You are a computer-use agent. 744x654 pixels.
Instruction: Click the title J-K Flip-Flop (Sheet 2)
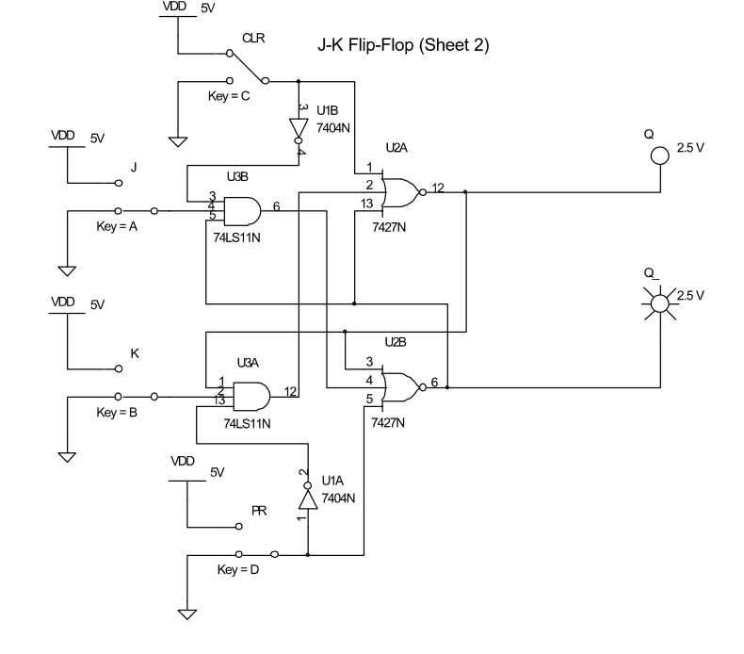tap(406, 44)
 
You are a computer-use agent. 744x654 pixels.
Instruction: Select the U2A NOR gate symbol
tap(402, 191)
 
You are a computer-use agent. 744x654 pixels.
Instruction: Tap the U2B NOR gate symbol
tap(402, 385)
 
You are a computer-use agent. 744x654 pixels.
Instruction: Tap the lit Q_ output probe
tap(659, 301)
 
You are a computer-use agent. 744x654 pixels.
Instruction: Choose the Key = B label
tap(119, 413)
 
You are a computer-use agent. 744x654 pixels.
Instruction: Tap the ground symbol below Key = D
tap(187, 614)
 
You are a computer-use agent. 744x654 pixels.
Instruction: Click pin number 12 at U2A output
tap(439, 186)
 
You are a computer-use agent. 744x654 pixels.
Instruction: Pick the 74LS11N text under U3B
tap(236, 238)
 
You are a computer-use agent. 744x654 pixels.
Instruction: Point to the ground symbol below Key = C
tap(177, 142)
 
